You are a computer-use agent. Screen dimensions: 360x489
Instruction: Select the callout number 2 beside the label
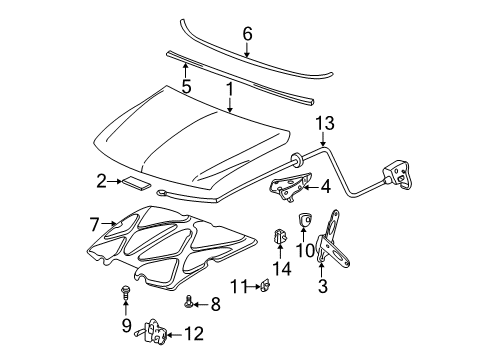pos(102,181)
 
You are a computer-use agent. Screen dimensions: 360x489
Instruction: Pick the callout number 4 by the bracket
pos(325,185)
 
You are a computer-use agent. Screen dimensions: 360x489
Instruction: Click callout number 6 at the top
pos(246,32)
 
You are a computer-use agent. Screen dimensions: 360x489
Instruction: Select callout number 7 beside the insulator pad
pos(95,224)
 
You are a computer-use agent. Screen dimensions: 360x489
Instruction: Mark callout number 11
pos(235,287)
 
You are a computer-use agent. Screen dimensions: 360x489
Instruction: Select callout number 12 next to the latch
pos(193,332)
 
